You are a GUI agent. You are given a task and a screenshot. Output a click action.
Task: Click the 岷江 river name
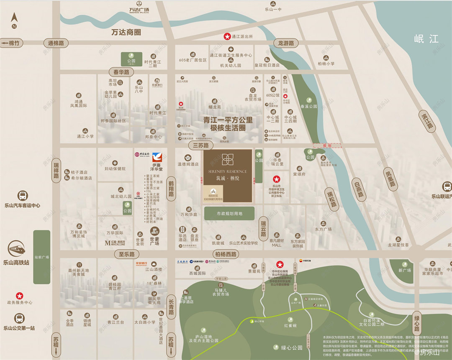pyautogui.click(x=426, y=39)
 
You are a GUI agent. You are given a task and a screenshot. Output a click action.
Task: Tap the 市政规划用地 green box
pyautogui.click(x=229, y=214)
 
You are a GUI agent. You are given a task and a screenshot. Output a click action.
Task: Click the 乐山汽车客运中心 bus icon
pyautogui.click(x=22, y=195)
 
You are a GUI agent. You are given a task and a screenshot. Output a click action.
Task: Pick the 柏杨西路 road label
pyautogui.click(x=225, y=254)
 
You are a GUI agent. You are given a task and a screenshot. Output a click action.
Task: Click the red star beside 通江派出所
pyautogui.click(x=228, y=37)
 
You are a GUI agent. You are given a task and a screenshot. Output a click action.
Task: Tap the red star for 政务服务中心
pyautogui.click(x=19, y=296)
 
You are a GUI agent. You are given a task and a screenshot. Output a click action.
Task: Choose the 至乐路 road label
pyautogui.click(x=126, y=254)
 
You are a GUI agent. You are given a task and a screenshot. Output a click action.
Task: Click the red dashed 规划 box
pyautogui.click(x=327, y=145)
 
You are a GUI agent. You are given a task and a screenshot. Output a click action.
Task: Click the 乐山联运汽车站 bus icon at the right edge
pyautogui.click(x=447, y=186)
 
